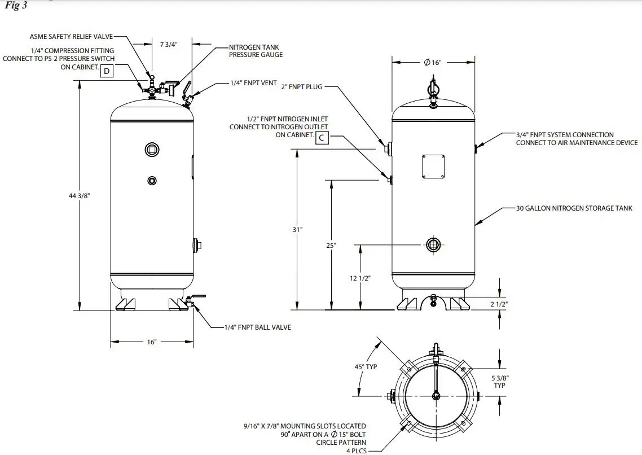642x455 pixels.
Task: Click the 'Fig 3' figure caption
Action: point(16,6)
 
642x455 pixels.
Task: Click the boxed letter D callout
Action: point(106,71)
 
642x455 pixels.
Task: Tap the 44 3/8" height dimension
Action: point(79,196)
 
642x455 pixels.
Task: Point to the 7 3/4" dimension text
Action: point(168,45)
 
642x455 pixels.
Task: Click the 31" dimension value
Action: point(297,229)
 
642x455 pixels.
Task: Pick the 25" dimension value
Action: point(331,246)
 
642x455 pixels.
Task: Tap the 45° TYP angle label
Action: point(366,367)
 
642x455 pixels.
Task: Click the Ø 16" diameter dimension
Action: point(432,63)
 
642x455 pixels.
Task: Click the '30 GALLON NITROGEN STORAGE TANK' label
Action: point(574,208)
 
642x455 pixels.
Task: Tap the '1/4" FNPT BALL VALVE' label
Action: point(258,327)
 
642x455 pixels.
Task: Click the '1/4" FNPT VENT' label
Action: point(253,83)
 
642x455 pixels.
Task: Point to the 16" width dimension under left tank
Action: point(151,342)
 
